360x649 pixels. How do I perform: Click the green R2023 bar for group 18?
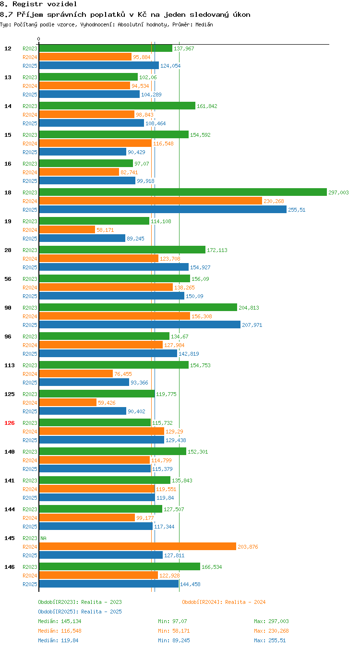[183, 192]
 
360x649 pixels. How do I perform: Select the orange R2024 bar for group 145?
[138, 546]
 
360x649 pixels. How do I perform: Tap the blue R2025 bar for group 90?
[140, 324]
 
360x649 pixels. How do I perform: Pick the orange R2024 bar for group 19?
[67, 229]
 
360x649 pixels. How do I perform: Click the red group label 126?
[9, 423]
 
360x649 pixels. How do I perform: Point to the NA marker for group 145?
[44, 538]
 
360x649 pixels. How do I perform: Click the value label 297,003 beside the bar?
[338, 192]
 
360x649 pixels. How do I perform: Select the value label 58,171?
[105, 230]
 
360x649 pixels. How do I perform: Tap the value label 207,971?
[252, 325]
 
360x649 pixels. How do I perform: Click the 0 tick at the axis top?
[38, 39]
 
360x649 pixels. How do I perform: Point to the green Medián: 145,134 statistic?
[60, 621]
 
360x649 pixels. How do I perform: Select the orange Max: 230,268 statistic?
[271, 630]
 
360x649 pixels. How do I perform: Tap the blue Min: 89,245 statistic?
[174, 640]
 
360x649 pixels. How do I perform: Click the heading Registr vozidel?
[45, 4]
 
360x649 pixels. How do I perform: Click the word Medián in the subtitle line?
[204, 24]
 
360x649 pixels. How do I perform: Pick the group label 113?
[9, 365]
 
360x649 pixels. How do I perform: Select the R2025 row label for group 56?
[30, 296]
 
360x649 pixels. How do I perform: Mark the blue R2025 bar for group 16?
[87, 180]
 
